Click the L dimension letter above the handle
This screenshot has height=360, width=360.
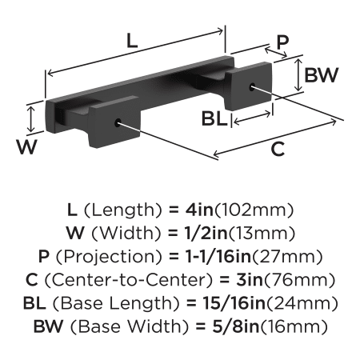coord(132,41)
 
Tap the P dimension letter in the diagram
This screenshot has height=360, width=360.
coord(282,42)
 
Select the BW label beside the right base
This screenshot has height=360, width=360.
coord(322,74)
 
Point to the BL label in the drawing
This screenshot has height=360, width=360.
coord(214,118)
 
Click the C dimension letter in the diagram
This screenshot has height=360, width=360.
coord(278,149)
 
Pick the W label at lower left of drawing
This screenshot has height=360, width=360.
coord(26,146)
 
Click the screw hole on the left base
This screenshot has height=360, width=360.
coord(118,122)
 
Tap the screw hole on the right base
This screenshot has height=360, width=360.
coord(252,86)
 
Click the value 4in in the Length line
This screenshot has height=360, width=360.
coord(199,210)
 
